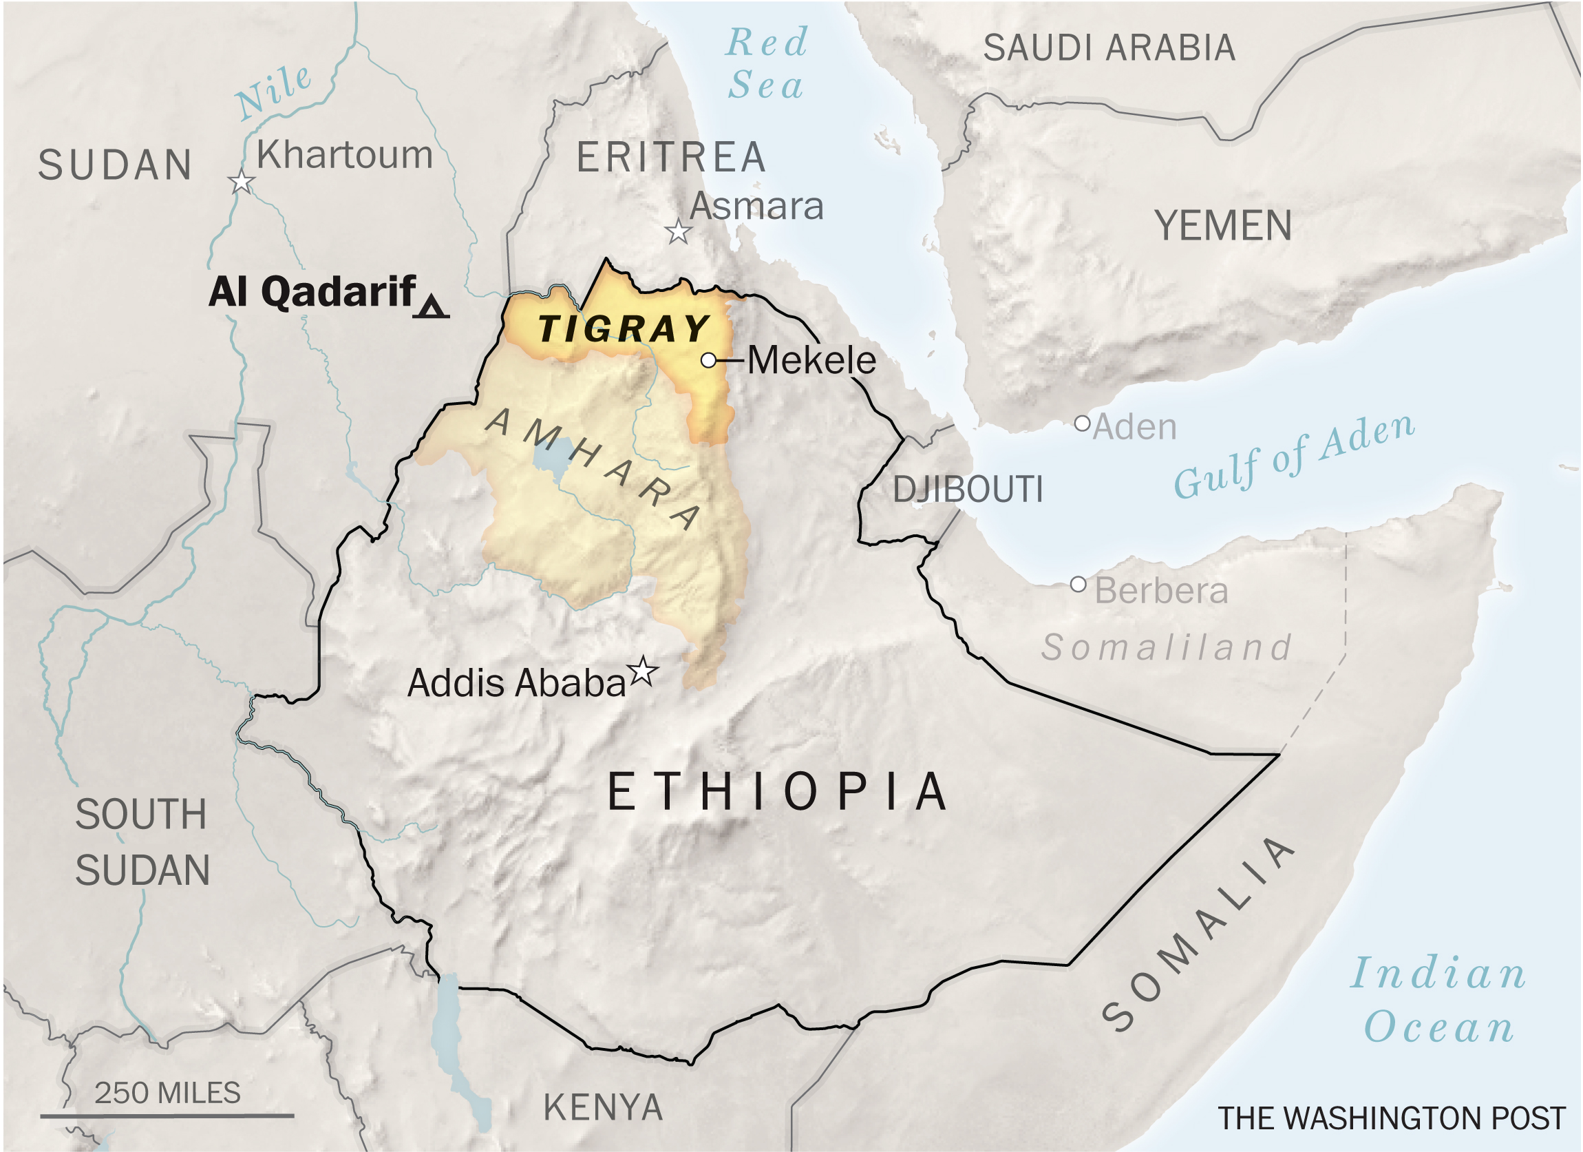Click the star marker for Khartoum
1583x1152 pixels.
click(242, 182)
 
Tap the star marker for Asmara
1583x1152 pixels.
click(678, 232)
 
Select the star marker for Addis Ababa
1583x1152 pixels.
click(643, 672)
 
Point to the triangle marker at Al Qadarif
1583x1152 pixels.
click(432, 307)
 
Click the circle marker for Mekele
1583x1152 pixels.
click(708, 360)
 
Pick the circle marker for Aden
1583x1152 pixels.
click(1082, 423)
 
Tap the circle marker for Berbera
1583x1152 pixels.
click(1079, 584)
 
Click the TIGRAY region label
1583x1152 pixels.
click(624, 329)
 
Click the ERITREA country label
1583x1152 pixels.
click(671, 157)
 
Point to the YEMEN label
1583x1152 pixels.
click(1223, 227)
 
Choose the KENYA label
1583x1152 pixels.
click(603, 1107)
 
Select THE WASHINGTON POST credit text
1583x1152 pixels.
click(1392, 1118)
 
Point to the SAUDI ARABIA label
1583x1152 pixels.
click(1109, 48)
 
